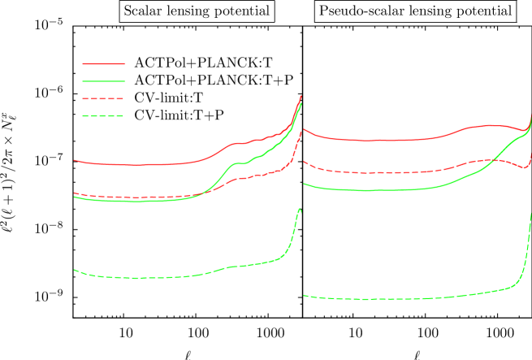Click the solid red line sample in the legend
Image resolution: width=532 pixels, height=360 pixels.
[104, 63]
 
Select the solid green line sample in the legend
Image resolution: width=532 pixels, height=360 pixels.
[104, 81]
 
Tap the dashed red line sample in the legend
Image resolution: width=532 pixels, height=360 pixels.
[103, 98]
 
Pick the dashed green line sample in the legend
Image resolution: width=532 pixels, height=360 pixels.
[103, 116]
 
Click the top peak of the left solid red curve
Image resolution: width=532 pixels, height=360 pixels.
[301, 96]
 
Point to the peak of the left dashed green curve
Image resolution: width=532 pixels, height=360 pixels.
[300, 209]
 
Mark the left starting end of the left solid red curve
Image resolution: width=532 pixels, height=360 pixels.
[75, 160]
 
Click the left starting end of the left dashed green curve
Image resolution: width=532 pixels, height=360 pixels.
[75, 270]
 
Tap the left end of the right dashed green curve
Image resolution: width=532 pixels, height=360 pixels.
[304, 296]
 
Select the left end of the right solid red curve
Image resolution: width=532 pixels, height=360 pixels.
[303, 129]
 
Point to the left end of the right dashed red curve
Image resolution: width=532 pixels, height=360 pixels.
[304, 162]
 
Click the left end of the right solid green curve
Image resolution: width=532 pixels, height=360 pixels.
[304, 184]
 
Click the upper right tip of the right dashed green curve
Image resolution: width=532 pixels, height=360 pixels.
[530, 213]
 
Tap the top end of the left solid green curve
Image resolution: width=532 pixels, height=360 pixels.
[301, 103]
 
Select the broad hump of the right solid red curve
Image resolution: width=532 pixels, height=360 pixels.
[490, 125]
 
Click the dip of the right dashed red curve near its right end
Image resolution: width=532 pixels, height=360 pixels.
[526, 167]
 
